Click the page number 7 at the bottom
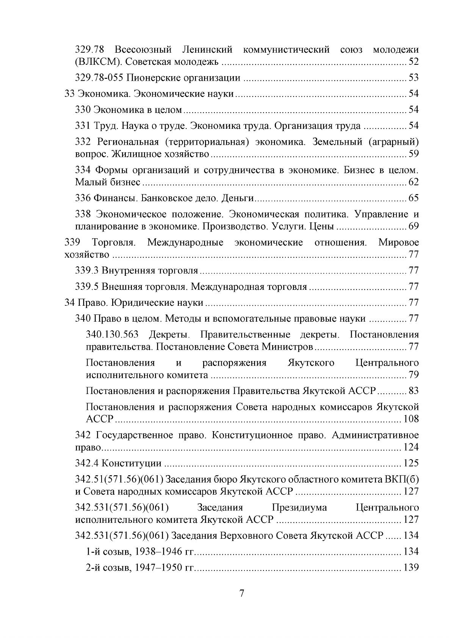click(242, 593)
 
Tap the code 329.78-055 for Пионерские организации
click(99, 78)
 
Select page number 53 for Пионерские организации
click(413, 78)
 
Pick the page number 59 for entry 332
click(413, 154)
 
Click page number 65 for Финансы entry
click(413, 198)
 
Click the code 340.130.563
click(112, 335)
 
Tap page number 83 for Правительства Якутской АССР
click(413, 391)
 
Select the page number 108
click(412, 419)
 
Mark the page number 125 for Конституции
click(412, 463)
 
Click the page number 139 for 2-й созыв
click(412, 568)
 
